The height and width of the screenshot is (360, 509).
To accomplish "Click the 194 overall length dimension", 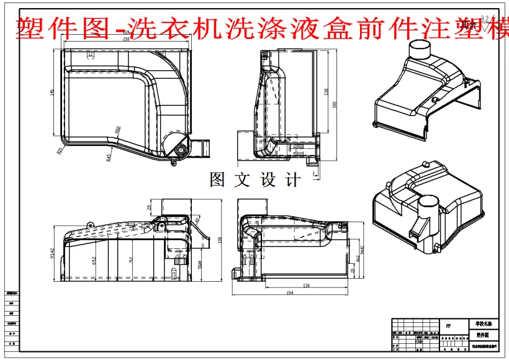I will (290, 292).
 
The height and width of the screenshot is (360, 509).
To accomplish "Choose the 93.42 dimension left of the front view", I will (53, 254).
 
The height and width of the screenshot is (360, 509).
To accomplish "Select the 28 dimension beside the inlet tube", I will (150, 209).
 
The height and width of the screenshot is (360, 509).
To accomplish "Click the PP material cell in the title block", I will (448, 325).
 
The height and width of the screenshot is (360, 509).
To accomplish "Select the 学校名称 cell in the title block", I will (482, 324).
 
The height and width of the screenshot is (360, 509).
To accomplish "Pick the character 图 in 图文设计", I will (218, 180).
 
